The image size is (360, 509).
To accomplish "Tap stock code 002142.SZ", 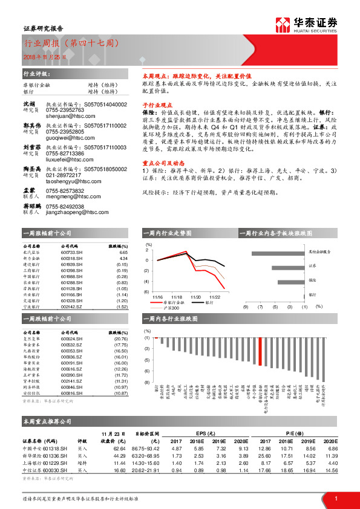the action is click(x=73, y=307).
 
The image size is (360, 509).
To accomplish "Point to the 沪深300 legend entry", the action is click(x=166, y=308).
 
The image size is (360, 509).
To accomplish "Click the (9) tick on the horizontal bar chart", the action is click(x=246, y=307).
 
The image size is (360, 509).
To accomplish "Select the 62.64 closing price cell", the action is click(x=119, y=449).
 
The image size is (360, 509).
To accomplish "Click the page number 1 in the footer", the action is click(x=335, y=498).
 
